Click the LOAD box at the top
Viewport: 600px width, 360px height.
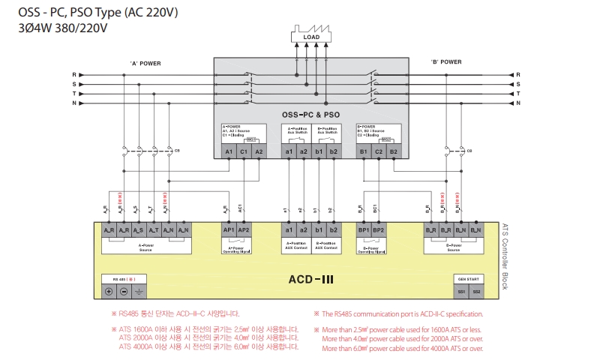click(x=310, y=37)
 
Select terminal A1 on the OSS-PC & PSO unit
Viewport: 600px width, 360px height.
click(x=229, y=151)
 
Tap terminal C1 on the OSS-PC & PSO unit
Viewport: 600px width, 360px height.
click(x=244, y=151)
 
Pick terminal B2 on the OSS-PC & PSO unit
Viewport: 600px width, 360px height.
click(x=393, y=151)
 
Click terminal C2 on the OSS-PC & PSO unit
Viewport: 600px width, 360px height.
click(x=379, y=151)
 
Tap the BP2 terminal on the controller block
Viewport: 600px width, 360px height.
click(x=379, y=230)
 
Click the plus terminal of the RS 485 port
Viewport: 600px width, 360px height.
click(x=109, y=291)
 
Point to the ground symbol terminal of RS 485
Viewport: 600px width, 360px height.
click(x=137, y=291)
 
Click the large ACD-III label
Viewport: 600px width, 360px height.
click(x=310, y=280)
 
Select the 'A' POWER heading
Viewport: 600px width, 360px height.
click(x=145, y=62)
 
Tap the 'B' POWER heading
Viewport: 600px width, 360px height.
click(x=446, y=62)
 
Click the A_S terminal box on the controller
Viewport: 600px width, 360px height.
click(x=138, y=230)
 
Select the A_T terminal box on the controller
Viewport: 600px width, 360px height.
click(x=152, y=230)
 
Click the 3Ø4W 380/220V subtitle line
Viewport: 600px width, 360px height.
click(x=63, y=28)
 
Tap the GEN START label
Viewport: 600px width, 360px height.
click(x=469, y=278)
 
